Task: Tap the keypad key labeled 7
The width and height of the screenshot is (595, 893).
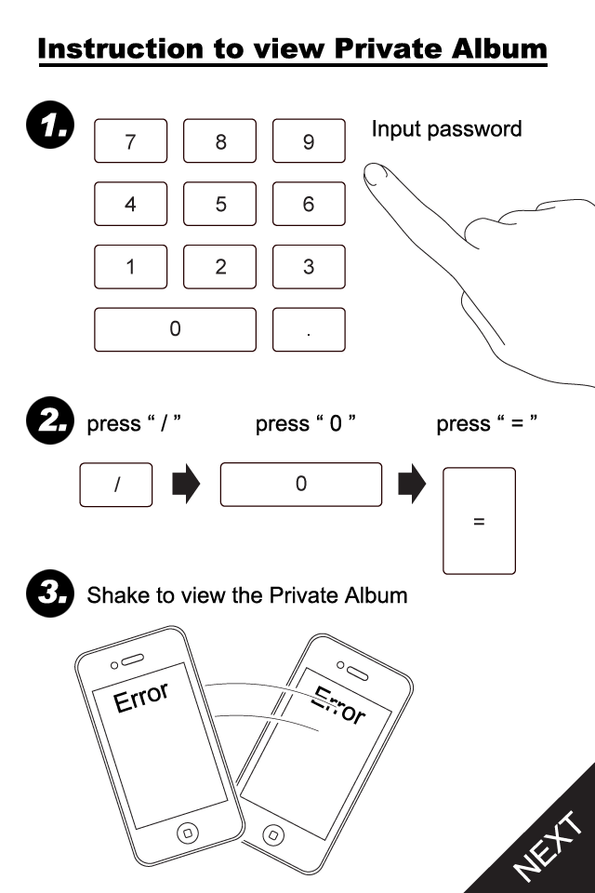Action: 130,141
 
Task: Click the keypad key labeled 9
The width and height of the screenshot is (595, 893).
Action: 309,141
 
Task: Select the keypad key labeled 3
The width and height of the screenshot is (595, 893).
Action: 309,267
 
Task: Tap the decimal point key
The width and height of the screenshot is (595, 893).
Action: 309,329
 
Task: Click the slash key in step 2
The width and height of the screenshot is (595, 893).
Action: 116,485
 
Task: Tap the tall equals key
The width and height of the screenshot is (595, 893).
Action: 479,521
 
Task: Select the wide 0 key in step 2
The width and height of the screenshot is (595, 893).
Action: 300,485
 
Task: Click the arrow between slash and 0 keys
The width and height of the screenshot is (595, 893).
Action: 186,485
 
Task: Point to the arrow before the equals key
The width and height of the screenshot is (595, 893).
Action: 412,485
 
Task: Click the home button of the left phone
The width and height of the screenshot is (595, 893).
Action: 188,831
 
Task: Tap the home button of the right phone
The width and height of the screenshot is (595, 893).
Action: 272,833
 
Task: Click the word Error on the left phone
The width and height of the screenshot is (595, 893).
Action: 141,697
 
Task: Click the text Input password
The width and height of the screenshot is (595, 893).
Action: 446,129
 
